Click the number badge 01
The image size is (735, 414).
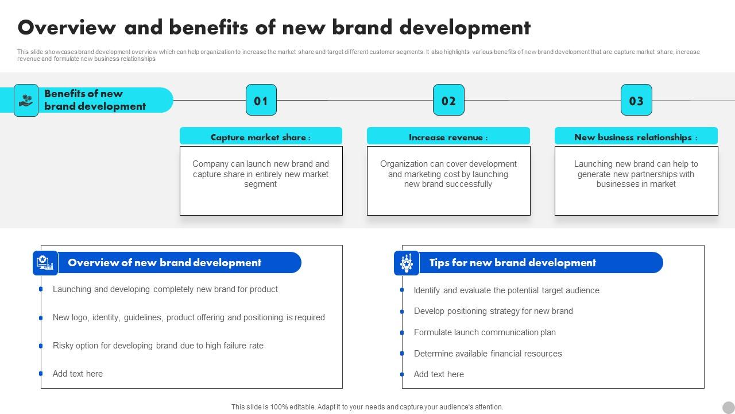click(261, 101)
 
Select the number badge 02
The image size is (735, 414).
click(448, 101)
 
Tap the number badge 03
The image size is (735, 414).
click(636, 101)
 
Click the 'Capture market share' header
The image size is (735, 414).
click(261, 137)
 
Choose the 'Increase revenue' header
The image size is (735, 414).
click(448, 137)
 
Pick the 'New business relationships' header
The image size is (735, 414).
click(636, 137)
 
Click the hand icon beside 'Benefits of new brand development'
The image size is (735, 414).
click(26, 101)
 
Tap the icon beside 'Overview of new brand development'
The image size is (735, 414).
click(45, 263)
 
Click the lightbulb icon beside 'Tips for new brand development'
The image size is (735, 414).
click(407, 263)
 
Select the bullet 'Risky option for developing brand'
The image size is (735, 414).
click(158, 346)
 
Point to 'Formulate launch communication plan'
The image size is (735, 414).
click(485, 332)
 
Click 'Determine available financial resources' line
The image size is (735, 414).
click(488, 354)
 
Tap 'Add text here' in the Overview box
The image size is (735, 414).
click(78, 374)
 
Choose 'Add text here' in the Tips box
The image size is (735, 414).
click(439, 374)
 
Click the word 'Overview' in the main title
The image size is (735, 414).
click(67, 28)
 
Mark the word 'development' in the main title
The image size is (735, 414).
click(465, 28)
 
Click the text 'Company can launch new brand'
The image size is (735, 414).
click(261, 164)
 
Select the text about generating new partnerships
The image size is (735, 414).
click(636, 174)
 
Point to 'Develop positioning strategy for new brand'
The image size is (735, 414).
click(493, 311)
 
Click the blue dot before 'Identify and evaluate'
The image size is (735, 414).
click(402, 290)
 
